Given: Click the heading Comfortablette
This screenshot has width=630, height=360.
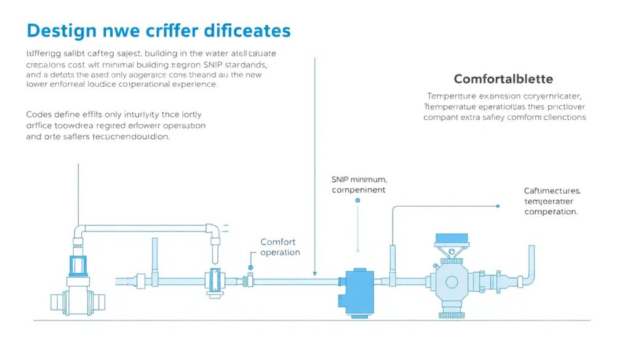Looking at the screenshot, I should pyautogui.click(x=503, y=79).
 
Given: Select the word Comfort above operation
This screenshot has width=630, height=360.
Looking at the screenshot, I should pyautogui.click(x=278, y=242).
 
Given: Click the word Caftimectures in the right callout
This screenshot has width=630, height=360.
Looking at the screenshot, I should pyautogui.click(x=552, y=191).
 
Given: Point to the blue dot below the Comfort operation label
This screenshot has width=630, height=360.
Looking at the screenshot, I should pyautogui.click(x=251, y=268).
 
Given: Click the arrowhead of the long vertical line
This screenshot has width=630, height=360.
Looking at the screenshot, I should pyautogui.click(x=314, y=273).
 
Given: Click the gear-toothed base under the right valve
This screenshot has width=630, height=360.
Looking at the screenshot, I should pyautogui.click(x=452, y=314).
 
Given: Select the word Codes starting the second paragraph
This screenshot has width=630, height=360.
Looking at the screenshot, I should pyautogui.click(x=39, y=114).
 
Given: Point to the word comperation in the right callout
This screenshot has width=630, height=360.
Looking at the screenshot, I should pyautogui.click(x=551, y=212).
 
